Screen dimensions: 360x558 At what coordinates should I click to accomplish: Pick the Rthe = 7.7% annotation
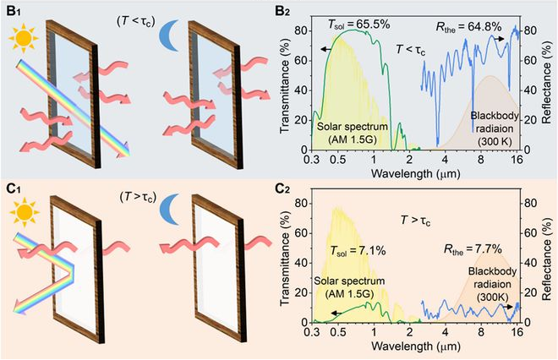[472, 249]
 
